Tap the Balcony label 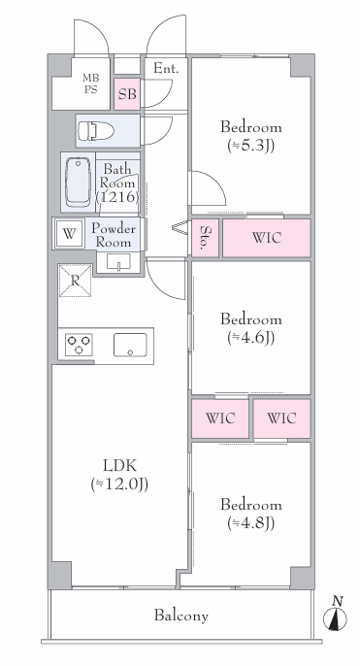point(181,616)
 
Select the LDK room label point(120,466)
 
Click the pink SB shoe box point(127,93)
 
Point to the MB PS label point(90,83)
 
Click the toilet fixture point(95,131)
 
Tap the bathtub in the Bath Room point(78,182)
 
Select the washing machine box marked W point(69,234)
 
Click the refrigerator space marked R point(75,281)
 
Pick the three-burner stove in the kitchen point(79,345)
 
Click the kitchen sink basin point(130,345)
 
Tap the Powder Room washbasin point(118,262)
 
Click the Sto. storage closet point(206,238)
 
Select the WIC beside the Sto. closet point(267,238)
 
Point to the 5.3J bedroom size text point(251,146)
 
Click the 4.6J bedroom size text point(251,338)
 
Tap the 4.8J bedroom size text point(251,523)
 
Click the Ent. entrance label point(165,68)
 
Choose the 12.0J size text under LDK point(119,484)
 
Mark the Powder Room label point(114,235)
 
